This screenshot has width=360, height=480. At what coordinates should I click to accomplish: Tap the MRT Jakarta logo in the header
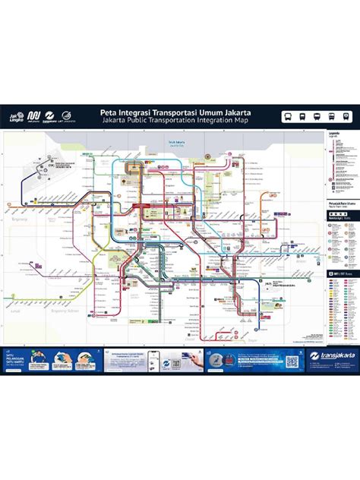tap(33, 116)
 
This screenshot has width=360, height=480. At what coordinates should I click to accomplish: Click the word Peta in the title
tap(110, 111)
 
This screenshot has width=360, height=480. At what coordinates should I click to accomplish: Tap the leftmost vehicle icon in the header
tap(289, 116)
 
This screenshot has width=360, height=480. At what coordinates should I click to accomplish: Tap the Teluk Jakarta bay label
tap(177, 141)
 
